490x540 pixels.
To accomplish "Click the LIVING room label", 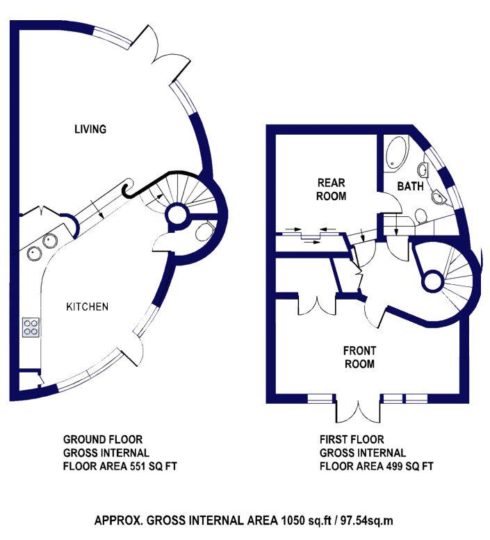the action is (x=90, y=129).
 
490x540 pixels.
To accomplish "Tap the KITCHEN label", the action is (x=87, y=306).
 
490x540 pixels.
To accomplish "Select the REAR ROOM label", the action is (x=332, y=189).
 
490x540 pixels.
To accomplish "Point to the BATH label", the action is (x=410, y=186).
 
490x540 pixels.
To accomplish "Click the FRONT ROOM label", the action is (x=359, y=357).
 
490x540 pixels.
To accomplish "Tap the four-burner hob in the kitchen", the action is (x=31, y=327).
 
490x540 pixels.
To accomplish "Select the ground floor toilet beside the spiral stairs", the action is (x=204, y=231).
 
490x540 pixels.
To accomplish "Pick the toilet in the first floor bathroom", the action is (x=420, y=216).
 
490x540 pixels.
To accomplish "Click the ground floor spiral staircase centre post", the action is (x=178, y=216).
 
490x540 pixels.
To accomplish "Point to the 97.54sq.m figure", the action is (x=367, y=520).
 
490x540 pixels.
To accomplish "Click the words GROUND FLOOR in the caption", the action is (x=103, y=439).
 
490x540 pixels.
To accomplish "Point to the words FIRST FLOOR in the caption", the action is (x=352, y=439).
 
